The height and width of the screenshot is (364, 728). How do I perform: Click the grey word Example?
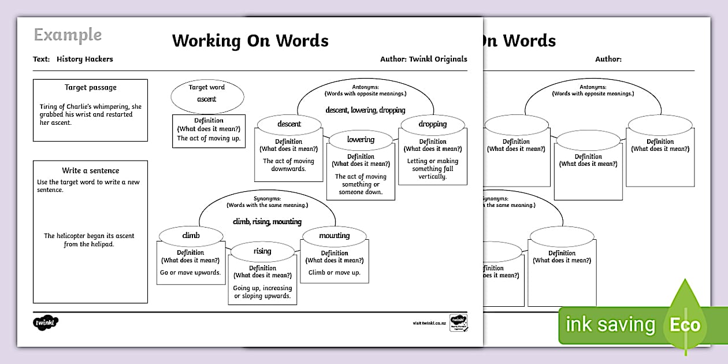[68, 35]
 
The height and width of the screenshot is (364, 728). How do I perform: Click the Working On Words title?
[250, 41]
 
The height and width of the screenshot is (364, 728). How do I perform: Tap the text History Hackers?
[85, 59]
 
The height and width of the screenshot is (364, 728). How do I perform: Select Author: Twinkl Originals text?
[424, 59]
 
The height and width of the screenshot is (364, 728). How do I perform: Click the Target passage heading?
[91, 88]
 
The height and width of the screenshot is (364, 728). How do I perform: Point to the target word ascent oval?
[207, 95]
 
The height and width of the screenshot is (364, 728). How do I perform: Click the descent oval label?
[289, 124]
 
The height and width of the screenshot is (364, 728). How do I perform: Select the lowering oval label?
[361, 139]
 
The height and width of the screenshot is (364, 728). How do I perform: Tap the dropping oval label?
[433, 124]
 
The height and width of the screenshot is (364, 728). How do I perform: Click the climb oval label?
[191, 235]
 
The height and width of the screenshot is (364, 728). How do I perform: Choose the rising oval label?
[262, 251]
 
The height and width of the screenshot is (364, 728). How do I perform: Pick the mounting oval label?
[334, 235]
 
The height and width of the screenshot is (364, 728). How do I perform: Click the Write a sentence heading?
[91, 170]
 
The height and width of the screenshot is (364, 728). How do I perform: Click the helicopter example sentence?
[90, 240]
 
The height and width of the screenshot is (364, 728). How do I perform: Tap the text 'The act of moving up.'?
[209, 138]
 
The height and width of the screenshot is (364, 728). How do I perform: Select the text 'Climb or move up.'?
[334, 272]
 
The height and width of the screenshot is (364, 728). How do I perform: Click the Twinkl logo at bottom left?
[46, 322]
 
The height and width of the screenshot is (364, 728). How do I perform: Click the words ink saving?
[611, 325]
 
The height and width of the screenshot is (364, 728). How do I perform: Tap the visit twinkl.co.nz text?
[429, 323]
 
